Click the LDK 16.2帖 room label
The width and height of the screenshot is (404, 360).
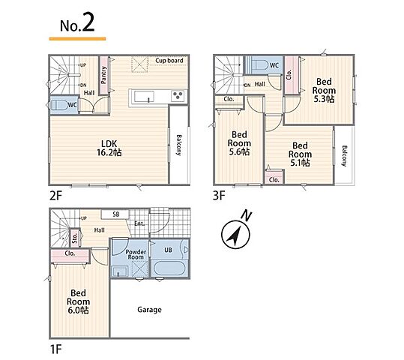pyautogui.click(x=109, y=148)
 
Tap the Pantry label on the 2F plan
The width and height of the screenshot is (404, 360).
pyautogui.click(x=104, y=75)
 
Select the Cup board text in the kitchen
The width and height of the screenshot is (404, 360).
pyautogui.click(x=169, y=61)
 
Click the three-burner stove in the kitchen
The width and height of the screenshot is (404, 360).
pyautogui.click(x=178, y=96)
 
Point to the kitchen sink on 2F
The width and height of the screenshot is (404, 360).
pyautogui.click(x=144, y=97)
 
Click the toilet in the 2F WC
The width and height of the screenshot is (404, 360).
pyautogui.click(x=59, y=106)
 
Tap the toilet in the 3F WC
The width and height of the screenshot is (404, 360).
pyautogui.click(x=259, y=65)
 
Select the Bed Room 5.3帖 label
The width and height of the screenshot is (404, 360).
pyautogui.click(x=324, y=91)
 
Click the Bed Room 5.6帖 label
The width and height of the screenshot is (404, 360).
pyautogui.click(x=239, y=143)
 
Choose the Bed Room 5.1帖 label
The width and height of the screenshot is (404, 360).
pyautogui.click(x=300, y=154)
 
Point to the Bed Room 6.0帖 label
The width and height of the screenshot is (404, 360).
pyautogui.click(x=78, y=301)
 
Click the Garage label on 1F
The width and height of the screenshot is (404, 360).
pyautogui.click(x=149, y=310)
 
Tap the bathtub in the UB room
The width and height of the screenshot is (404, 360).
pyautogui.click(x=169, y=268)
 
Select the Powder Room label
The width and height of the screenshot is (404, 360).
pyautogui.click(x=136, y=254)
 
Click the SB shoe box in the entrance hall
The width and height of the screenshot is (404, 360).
pyautogui.click(x=115, y=214)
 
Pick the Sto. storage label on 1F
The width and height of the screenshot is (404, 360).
pyautogui.click(x=75, y=238)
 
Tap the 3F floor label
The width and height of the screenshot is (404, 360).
pyautogui.click(x=219, y=196)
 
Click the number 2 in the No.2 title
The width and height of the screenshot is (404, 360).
pyautogui.click(x=88, y=22)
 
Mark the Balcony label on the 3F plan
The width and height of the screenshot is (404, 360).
pyautogui.click(x=344, y=156)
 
